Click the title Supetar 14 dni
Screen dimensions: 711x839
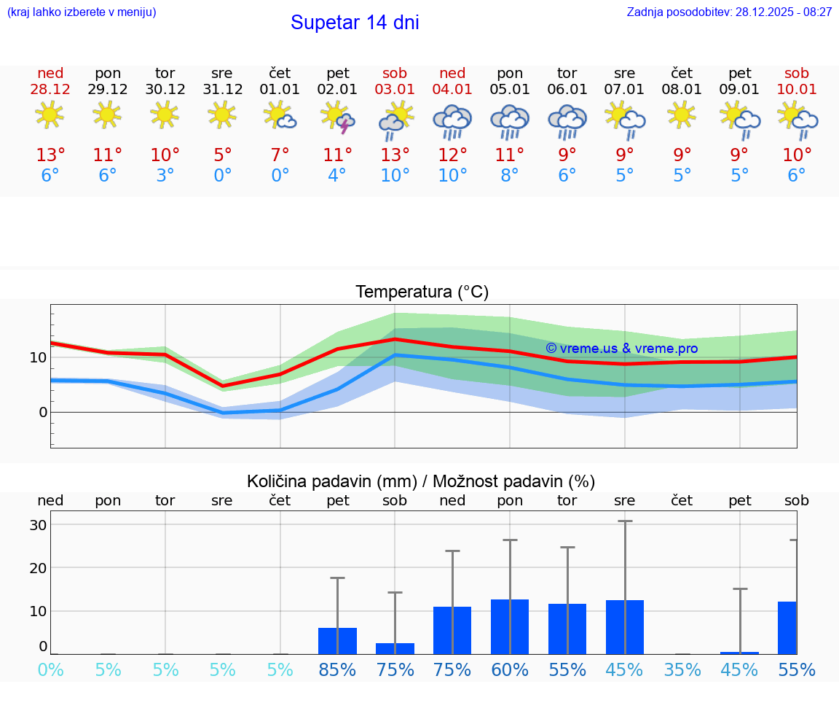355,23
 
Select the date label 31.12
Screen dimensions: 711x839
222,90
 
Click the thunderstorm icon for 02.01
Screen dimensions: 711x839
338,117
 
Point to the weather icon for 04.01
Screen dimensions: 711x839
452,121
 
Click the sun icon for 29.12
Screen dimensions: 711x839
107,114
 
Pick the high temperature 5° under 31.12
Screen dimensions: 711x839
222,155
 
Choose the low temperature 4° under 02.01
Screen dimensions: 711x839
337,176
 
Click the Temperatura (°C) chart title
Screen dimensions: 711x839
422,292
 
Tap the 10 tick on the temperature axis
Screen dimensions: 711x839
38,357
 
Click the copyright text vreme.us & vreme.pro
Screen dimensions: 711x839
621,349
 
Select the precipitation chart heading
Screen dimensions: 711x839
421,481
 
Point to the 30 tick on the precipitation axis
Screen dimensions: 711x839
38,525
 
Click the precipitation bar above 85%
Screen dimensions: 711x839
337,640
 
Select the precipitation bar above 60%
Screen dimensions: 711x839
510,626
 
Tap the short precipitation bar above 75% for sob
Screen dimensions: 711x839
395,648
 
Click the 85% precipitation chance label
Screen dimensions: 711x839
337,670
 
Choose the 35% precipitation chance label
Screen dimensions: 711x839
682,670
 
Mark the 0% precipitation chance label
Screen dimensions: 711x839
50,670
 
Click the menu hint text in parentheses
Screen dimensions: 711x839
82,12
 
